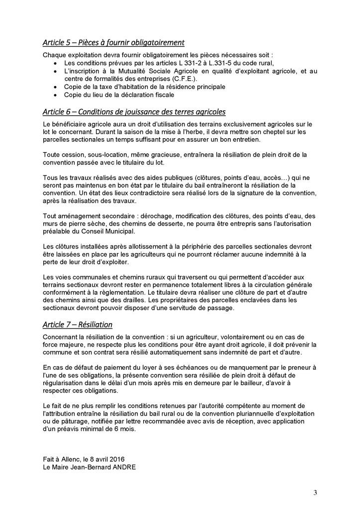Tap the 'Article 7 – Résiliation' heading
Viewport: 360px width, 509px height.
click(x=78, y=325)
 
